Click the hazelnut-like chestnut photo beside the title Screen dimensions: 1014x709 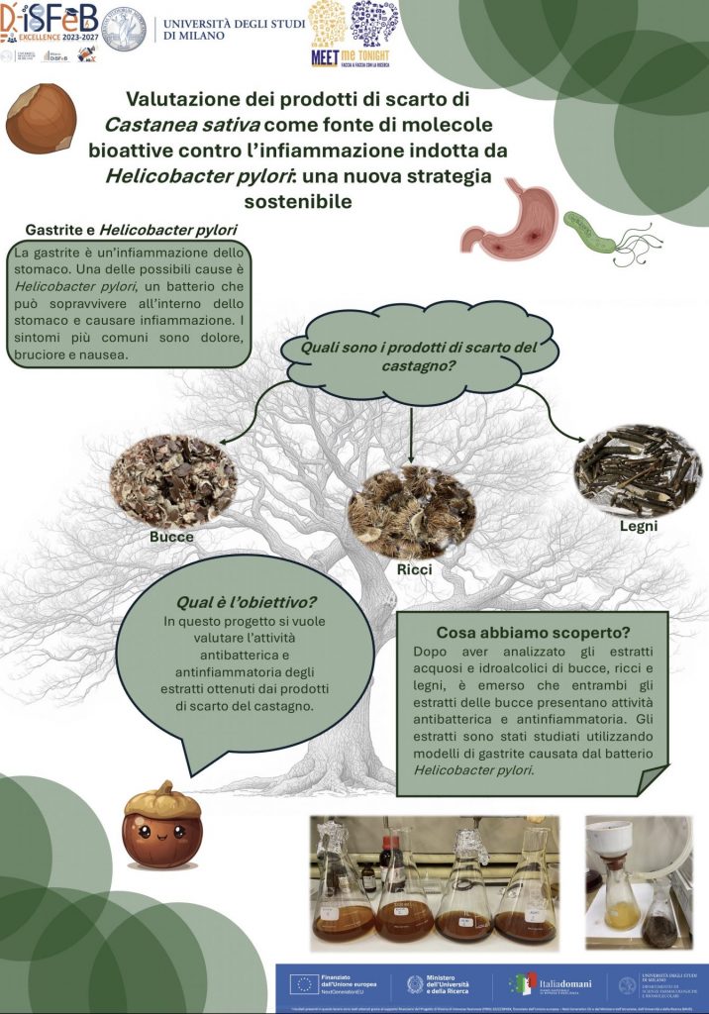click(41, 117)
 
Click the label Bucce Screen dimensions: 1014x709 click(171, 537)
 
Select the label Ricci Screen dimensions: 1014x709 click(413, 569)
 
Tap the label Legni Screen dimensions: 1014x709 click(638, 526)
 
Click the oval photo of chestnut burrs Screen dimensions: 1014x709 click(412, 511)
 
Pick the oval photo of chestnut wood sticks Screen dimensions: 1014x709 click(638, 470)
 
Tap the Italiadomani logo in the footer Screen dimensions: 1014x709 click(551, 983)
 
